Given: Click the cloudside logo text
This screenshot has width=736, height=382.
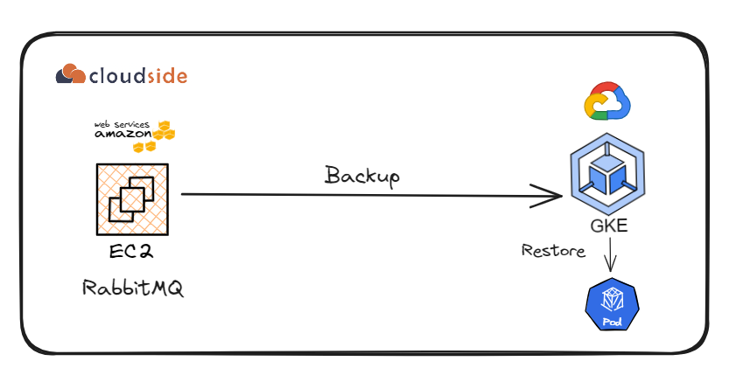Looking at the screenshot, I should [137, 75].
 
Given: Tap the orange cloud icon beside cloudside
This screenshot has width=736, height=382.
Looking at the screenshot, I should [71, 74].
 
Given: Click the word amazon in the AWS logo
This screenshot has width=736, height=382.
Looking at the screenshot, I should [123, 135].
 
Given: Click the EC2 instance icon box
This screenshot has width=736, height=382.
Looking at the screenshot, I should [133, 198].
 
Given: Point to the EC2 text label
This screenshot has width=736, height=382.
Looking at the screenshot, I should [132, 254].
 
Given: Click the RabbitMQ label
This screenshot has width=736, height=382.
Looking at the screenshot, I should [134, 288].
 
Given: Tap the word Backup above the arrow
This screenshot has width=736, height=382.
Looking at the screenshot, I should [362, 175].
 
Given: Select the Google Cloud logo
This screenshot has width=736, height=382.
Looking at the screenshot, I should [606, 101].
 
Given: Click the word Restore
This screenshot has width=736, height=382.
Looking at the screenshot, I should [553, 251].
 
